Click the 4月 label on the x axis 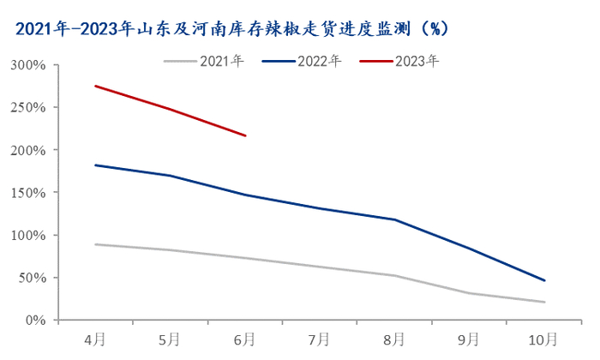coord(95,339)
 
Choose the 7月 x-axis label coord(320,339)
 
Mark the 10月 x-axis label coord(543,339)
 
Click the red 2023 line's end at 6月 coord(245,135)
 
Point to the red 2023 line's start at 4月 coord(95,86)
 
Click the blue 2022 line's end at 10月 coord(543,280)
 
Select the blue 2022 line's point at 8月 coord(394,219)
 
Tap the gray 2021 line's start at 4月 coord(95,244)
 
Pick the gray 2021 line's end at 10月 coord(543,302)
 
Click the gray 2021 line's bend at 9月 coord(469,293)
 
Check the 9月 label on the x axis coord(469,339)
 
